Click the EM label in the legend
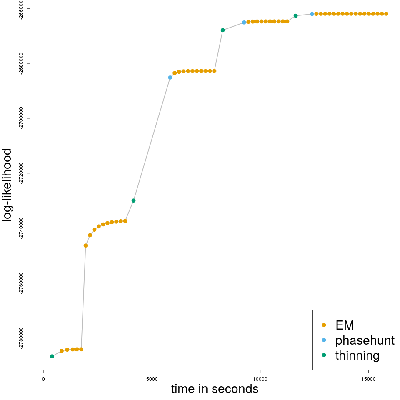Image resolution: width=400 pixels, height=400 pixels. click(345, 325)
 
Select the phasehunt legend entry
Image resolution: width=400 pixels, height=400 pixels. click(365, 340)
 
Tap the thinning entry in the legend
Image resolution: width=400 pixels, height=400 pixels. click(357, 355)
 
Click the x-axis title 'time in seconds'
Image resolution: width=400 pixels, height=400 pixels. click(215, 389)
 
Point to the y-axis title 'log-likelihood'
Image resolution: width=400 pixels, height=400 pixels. click(7, 185)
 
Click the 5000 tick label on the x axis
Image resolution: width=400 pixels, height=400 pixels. click(152, 379)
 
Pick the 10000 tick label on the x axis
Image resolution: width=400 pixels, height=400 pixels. click(260, 379)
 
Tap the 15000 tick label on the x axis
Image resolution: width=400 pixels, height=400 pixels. click(368, 379)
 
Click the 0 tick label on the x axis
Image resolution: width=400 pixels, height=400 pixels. click(44, 379)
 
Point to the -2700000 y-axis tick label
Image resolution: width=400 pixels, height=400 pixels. click(22, 118)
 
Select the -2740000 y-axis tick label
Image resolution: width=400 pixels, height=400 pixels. click(22, 228)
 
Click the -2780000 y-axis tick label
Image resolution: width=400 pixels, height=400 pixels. click(22, 338)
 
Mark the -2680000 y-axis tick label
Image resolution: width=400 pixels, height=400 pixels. click(22, 63)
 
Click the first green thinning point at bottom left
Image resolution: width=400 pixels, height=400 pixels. click(52, 356)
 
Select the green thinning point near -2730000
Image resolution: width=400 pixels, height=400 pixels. click(133, 200)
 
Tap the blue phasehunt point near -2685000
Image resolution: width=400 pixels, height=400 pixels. click(170, 77)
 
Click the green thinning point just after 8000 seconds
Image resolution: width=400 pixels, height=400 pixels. click(222, 30)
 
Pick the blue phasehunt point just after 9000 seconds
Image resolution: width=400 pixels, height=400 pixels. click(244, 22)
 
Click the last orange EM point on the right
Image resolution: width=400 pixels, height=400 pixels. click(386, 14)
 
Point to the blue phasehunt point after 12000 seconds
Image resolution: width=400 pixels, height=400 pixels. click(312, 14)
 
